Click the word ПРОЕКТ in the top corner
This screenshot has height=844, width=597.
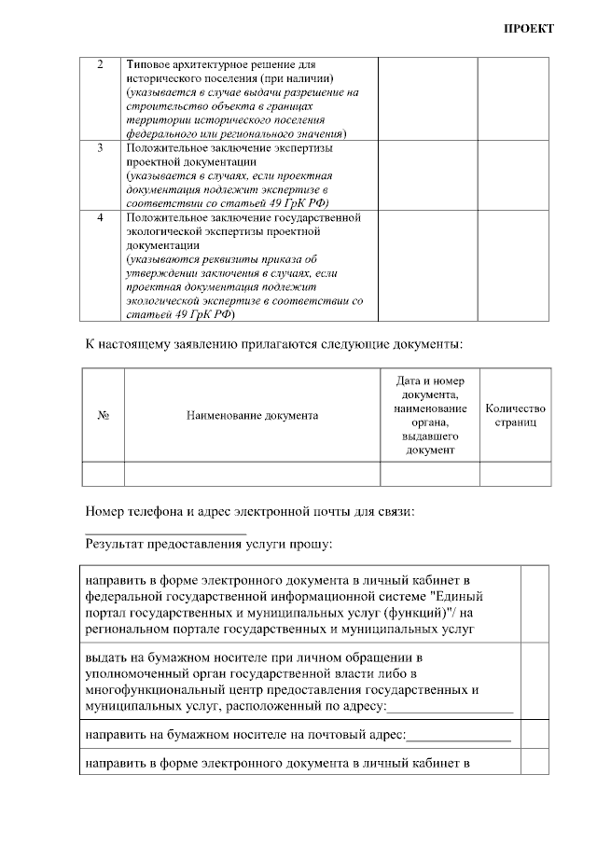529,28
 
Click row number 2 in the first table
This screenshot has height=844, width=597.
101,65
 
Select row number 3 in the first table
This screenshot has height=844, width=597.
101,147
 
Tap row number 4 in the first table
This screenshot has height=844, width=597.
101,217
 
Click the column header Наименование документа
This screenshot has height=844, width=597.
252,415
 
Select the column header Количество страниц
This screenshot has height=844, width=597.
515,415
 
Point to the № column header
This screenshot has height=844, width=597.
104,415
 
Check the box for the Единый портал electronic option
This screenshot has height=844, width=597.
535,602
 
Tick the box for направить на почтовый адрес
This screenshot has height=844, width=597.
535,735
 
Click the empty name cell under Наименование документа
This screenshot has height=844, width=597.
252,474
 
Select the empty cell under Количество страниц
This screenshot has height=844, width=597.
515,474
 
